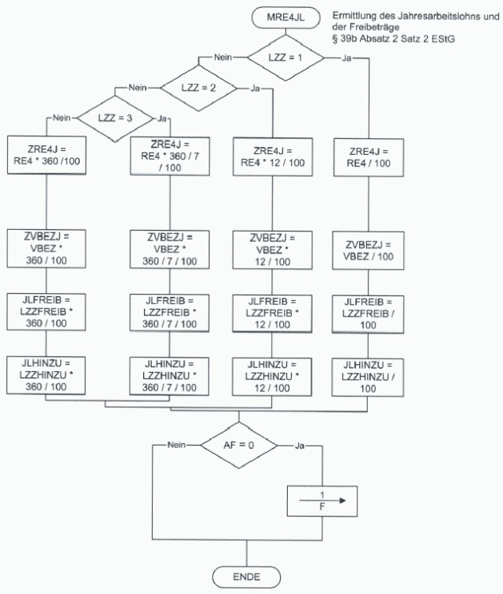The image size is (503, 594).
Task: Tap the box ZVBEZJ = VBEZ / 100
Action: coord(369,251)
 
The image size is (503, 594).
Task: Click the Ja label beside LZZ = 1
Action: coord(346,58)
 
